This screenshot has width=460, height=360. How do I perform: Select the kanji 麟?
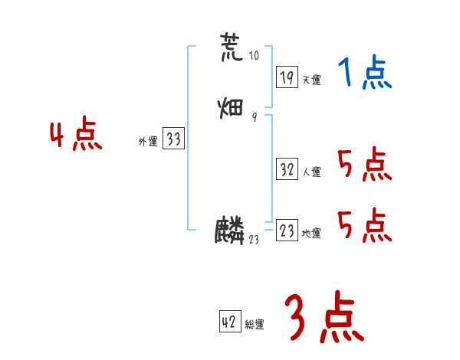(x=230, y=231)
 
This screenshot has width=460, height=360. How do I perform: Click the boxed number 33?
(x=173, y=139)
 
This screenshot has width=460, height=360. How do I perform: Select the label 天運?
(x=312, y=80)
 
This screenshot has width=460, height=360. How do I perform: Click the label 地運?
(x=312, y=234)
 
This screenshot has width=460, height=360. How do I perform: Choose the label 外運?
(x=148, y=142)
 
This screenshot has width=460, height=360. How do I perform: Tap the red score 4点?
(x=76, y=136)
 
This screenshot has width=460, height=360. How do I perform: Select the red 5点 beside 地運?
(x=364, y=225)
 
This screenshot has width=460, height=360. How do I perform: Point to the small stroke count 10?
(x=255, y=56)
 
